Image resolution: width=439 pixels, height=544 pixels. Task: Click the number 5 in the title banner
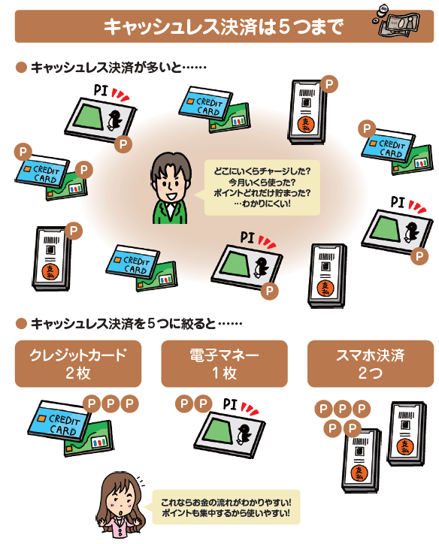click(284, 27)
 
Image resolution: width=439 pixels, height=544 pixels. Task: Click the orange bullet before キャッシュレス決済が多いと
click(21, 68)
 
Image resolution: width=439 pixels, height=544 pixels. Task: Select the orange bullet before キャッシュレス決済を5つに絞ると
click(21, 324)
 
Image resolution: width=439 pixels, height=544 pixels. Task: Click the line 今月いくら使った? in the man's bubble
click(262, 182)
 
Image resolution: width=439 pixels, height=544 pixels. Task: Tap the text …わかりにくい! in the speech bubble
click(262, 204)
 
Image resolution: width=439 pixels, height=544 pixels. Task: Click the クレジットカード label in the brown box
click(78, 355)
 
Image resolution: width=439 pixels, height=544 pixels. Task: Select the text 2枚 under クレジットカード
click(78, 373)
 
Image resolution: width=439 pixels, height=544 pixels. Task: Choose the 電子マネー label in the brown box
click(224, 355)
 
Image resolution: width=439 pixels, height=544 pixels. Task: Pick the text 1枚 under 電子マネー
click(224, 373)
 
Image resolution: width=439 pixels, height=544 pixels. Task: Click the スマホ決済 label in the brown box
click(371, 355)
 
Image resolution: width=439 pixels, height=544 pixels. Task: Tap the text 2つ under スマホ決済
click(371, 373)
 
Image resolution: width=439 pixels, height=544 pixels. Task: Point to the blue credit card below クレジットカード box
click(59, 420)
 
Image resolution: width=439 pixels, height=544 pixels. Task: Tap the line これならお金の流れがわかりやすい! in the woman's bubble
click(226, 502)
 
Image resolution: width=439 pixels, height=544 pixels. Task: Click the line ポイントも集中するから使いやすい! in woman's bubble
click(226, 512)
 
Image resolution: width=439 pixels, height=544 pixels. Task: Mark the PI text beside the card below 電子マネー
click(230, 404)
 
